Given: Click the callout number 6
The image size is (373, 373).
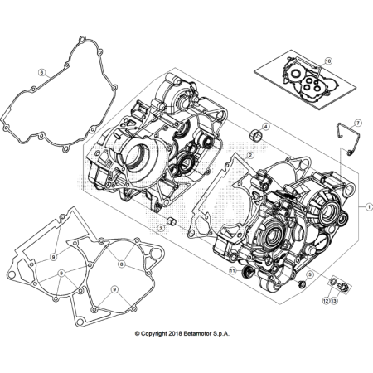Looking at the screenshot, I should pyautogui.click(x=39, y=73).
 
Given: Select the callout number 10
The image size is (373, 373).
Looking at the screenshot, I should pyautogui.click(x=328, y=61).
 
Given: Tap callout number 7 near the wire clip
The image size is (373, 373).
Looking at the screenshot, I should pyautogui.click(x=357, y=122).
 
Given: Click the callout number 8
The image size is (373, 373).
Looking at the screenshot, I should pyautogui.click(x=122, y=264).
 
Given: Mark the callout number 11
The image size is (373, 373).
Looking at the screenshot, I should pyautogui.click(x=233, y=271).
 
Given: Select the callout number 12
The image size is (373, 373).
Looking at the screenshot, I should pyautogui.click(x=326, y=299).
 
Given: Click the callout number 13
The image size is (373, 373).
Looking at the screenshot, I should pyautogui.click(x=335, y=299).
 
